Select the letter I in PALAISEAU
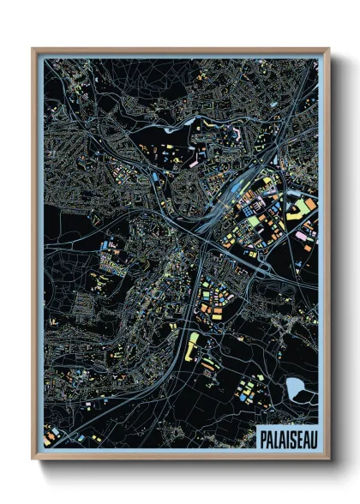click(x=287, y=438)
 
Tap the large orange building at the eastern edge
click(x=305, y=207)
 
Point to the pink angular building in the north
click(x=235, y=135)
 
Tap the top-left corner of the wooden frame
click(x=33, y=50)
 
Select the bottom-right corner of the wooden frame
click(x=328, y=459)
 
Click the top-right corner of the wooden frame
click(x=328, y=50)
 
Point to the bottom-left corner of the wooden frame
click(x=33, y=459)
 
